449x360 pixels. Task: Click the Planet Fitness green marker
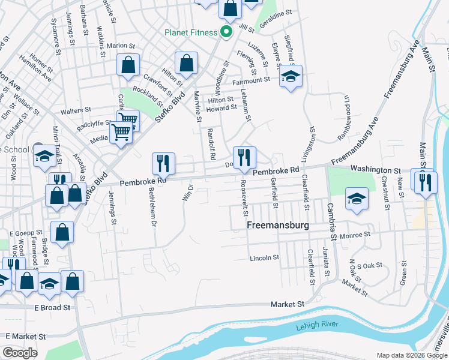226,32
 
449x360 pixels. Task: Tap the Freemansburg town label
278,226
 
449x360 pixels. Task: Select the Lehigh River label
317,326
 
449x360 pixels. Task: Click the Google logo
20,353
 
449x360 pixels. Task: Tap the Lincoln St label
265,258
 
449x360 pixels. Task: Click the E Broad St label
52,307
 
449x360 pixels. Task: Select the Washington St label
375,171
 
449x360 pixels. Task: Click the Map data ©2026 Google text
412,355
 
